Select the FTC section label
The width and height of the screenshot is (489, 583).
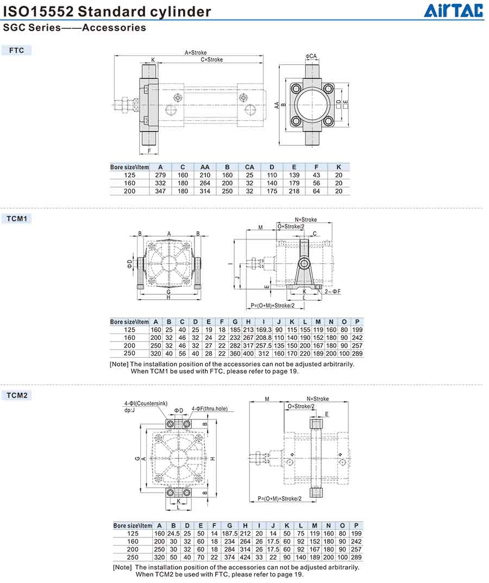[x=16, y=50]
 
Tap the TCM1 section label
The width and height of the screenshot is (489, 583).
[x=17, y=219]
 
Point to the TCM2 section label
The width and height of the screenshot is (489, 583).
[x=17, y=395]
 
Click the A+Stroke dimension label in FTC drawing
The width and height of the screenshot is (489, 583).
[x=196, y=53]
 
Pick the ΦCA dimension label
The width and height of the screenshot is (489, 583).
[x=311, y=56]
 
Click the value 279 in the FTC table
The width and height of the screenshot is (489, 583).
[x=160, y=175]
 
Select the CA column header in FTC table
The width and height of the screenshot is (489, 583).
[x=249, y=168]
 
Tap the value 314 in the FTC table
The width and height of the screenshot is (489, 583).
[x=205, y=191]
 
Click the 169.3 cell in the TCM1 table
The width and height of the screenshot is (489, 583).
[x=264, y=330]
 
